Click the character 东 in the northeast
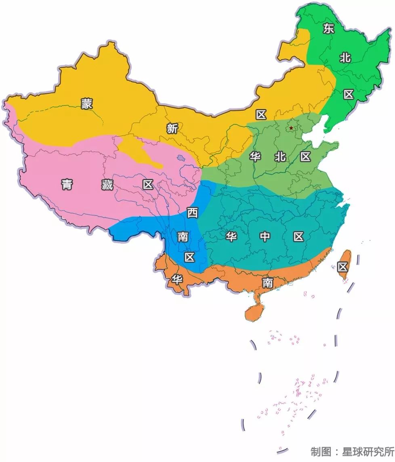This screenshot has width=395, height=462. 329,28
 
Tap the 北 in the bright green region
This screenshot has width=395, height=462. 345,58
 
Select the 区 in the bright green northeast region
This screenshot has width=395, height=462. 349,95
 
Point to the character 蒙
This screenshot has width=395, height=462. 86,103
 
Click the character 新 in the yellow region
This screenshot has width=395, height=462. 172,129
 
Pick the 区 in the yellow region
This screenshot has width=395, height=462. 261,115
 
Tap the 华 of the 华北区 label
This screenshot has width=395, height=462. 255,157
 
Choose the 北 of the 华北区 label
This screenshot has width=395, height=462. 280,157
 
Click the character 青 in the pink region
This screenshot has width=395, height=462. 67,185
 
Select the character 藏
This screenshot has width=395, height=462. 107,185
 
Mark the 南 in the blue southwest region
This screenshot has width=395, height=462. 183,236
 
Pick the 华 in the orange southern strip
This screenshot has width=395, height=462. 177,279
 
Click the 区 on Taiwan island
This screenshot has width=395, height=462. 343,266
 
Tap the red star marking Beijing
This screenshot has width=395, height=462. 291,128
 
